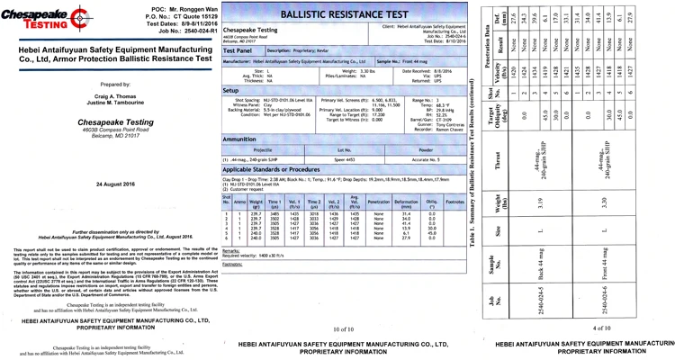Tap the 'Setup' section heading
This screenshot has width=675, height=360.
[x=231, y=91]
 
